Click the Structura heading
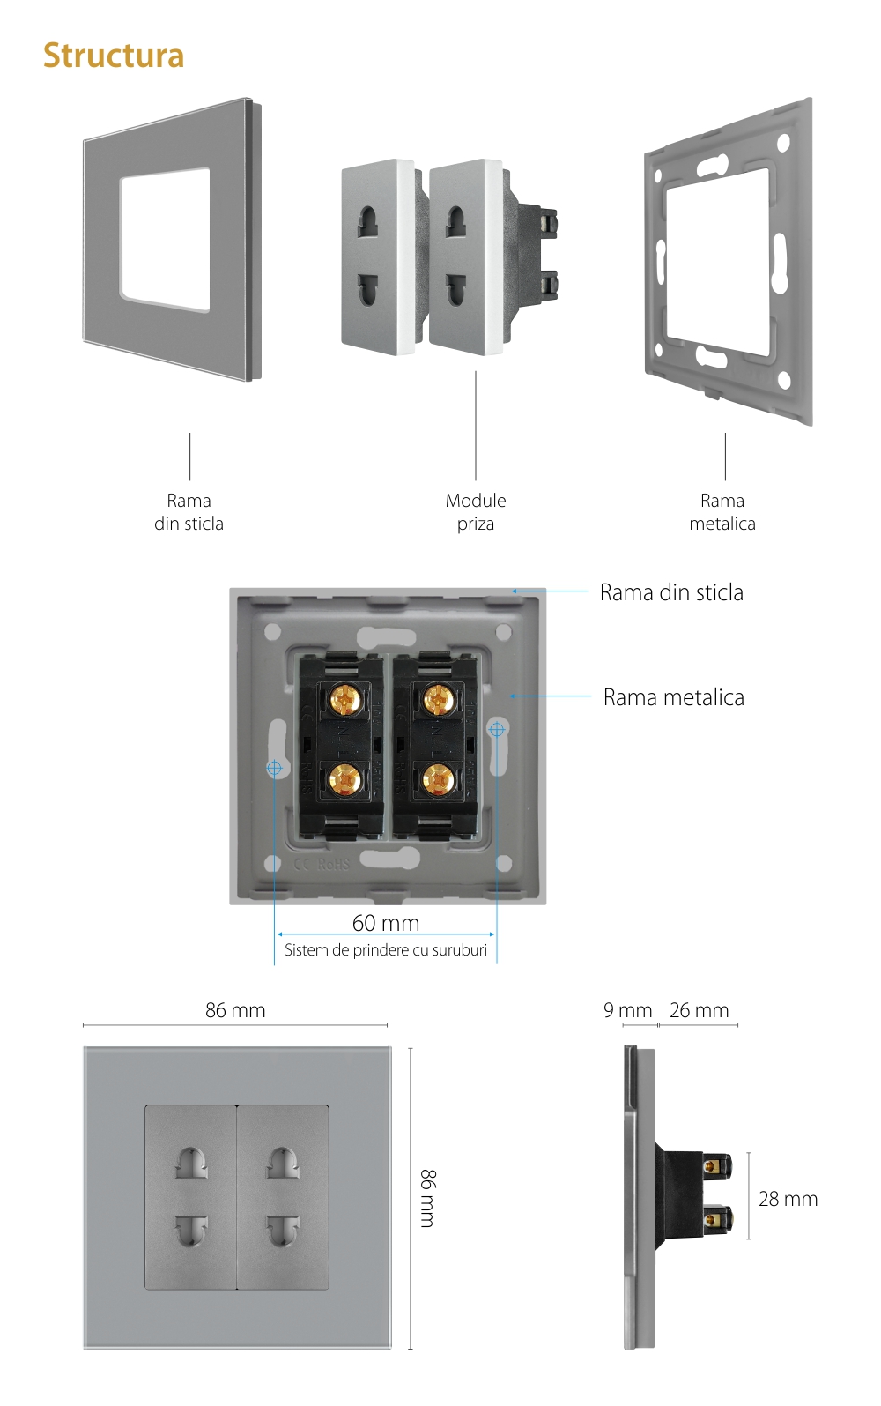[114, 56]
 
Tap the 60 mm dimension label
[386, 923]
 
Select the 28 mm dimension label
[788, 1199]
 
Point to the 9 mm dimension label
[627, 1010]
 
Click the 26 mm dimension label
[699, 1010]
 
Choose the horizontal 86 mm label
[235, 1010]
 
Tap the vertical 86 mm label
[427, 1198]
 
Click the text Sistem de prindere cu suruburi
[386, 950]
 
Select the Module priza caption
[476, 512]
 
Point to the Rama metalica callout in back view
[674, 697]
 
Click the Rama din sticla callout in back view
[671, 592]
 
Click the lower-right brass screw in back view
[438, 779]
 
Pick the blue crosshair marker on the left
[275, 768]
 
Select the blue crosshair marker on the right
[497, 729]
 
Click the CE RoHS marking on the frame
[322, 864]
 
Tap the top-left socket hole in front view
[191, 1164]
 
